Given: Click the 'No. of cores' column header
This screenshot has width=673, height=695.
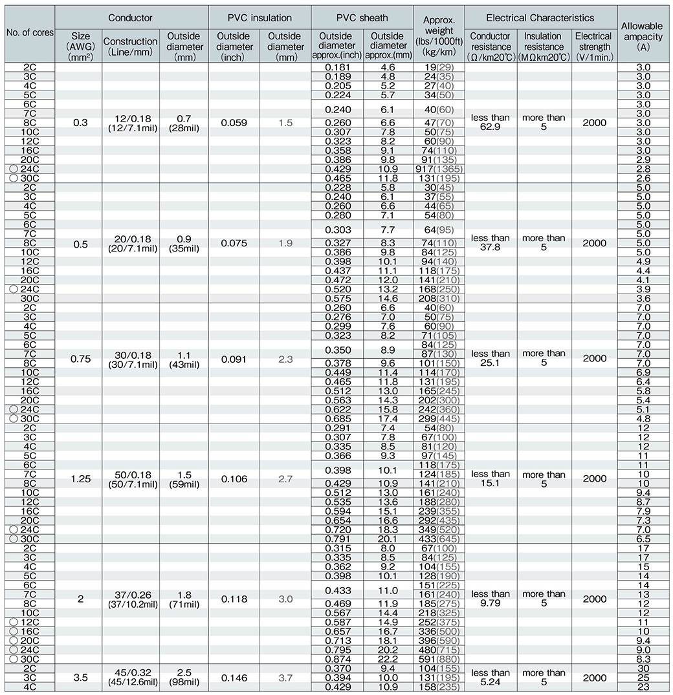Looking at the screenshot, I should (28, 32).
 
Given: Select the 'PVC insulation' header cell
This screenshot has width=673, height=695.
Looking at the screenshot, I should (259, 17).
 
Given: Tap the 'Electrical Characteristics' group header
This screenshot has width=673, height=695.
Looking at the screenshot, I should (540, 17).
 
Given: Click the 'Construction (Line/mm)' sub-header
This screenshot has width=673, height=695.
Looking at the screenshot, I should (130, 47).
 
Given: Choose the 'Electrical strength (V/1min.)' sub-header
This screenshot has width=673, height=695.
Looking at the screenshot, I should (593, 47).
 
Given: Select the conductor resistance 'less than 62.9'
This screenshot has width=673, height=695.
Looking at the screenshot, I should (490, 123).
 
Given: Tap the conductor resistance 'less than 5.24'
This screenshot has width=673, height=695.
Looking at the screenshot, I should (490, 678).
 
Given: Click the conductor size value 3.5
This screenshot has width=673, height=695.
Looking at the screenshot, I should (80, 678).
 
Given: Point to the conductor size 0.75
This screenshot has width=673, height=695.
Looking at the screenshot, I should (80, 359).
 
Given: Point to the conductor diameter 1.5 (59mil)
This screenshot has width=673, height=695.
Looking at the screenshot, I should (183, 479).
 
